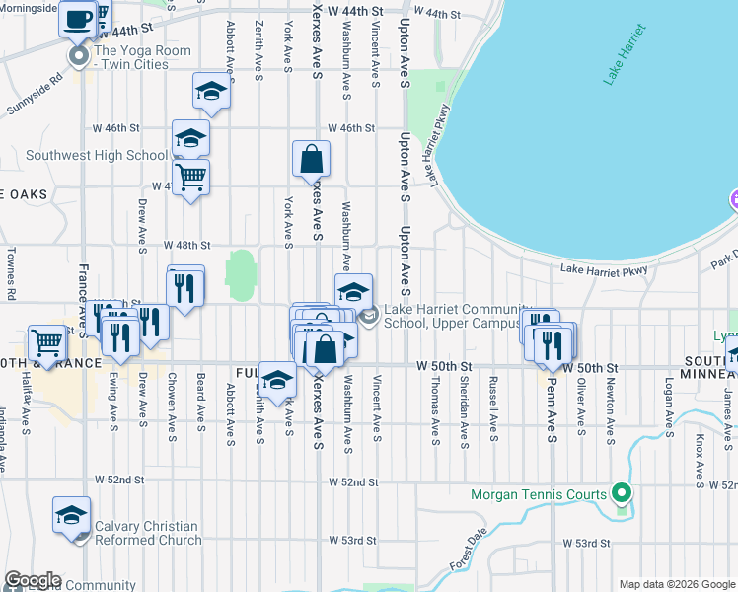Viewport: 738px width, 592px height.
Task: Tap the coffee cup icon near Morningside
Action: (x=77, y=18)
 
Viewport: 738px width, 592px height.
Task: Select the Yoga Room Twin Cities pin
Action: (x=79, y=57)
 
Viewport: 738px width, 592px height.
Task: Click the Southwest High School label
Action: (x=97, y=155)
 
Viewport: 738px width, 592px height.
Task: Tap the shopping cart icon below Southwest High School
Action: (x=190, y=177)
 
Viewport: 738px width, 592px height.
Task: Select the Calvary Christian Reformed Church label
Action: (x=146, y=533)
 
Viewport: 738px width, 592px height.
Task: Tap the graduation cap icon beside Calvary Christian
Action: (x=72, y=515)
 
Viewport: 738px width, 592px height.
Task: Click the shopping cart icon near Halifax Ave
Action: (x=46, y=342)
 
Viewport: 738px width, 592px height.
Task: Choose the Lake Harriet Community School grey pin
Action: (x=369, y=316)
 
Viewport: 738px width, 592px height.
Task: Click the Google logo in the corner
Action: (x=32, y=581)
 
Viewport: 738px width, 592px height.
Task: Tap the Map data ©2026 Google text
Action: (x=678, y=584)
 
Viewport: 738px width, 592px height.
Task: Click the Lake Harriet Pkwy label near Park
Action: (x=604, y=269)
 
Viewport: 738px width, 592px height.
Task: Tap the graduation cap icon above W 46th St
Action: (x=211, y=92)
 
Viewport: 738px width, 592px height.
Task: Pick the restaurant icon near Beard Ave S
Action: (x=185, y=286)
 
